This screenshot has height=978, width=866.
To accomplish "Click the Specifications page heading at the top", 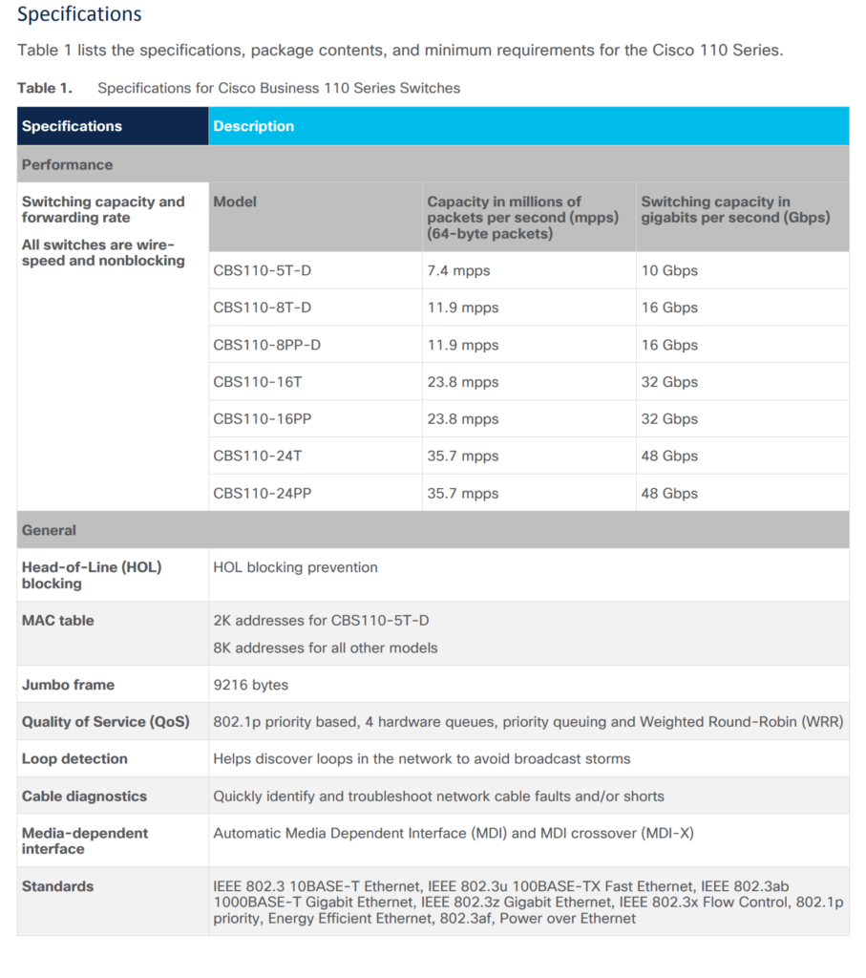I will pos(79,14).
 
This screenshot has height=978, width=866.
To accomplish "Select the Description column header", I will pos(253,126).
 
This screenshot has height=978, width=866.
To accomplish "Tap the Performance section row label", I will pos(67,164).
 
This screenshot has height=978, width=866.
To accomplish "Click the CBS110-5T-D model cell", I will pos(262,270).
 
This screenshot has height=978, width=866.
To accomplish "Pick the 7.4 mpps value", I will pos(458,270).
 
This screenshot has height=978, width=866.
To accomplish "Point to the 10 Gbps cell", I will pos(669,270).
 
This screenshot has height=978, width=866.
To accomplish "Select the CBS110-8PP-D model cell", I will pos(266,345).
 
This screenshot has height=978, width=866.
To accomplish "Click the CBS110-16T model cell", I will pos(258,382).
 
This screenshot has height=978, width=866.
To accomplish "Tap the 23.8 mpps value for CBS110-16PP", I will pos(463,419).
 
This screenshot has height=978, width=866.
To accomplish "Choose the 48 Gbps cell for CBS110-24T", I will pos(669,457).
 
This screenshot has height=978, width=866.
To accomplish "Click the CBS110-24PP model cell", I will pos(262,494).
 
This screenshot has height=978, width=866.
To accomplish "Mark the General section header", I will pos(49,530).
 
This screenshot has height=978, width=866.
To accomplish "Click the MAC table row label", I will pos(58,621).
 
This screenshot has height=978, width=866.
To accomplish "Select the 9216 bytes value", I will pos(250,685).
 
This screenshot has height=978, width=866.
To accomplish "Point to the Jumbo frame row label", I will pos(68,685).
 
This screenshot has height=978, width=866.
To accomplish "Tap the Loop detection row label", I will pos(74,759).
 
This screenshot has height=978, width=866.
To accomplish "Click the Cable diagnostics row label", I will pos(84,797).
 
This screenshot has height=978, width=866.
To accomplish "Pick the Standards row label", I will pos(57,886).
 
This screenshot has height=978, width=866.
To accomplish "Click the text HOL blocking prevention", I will pos(295,567).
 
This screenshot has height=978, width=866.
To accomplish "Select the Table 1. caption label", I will pos(44,88).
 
